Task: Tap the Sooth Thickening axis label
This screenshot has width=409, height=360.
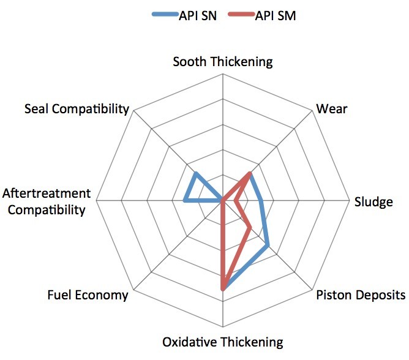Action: tap(222, 61)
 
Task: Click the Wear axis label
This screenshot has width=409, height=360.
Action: tap(331, 109)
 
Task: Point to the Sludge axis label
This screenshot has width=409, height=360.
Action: tap(373, 201)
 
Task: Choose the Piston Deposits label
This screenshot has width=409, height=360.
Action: tap(361, 295)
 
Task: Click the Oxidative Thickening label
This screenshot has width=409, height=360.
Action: tap(223, 342)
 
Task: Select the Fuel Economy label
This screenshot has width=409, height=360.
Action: tap(88, 295)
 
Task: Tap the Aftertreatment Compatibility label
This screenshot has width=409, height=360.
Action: tap(47, 202)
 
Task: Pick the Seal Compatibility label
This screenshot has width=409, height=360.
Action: tap(77, 109)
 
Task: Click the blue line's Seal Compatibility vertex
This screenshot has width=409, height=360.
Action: tap(195, 174)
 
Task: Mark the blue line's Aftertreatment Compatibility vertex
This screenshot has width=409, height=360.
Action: tap(185, 200)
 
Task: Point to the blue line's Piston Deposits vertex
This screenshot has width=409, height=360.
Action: tap(268, 246)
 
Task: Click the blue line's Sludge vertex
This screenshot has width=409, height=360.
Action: tap(261, 200)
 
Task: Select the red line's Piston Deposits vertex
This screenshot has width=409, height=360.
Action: tap(250, 228)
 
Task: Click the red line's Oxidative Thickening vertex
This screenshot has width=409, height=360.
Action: tap(223, 287)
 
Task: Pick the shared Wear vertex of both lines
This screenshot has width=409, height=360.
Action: tap(250, 174)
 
